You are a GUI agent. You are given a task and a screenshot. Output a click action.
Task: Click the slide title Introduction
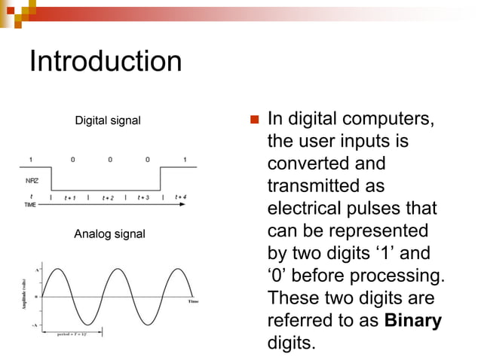click(x=105, y=61)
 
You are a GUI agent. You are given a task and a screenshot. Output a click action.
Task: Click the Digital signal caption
click(x=107, y=121)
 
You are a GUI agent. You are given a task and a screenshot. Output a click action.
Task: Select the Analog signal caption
click(x=109, y=235)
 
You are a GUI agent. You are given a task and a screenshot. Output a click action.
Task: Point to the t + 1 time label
click(x=70, y=198)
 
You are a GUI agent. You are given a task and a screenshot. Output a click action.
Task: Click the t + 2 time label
click(x=107, y=198)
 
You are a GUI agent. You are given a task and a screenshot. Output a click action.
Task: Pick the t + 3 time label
click(x=143, y=198)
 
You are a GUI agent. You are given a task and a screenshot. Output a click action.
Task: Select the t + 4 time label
click(x=181, y=197)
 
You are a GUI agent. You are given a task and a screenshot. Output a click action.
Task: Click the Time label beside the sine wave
click(x=193, y=301)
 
